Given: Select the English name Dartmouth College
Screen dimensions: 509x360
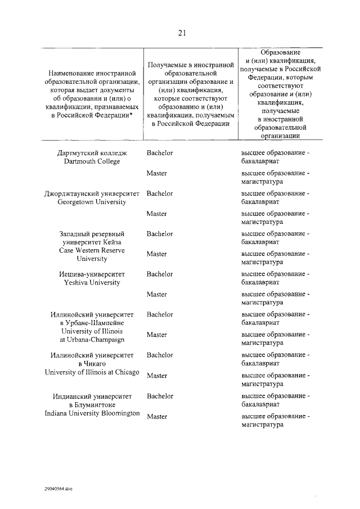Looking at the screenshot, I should tap(93, 162).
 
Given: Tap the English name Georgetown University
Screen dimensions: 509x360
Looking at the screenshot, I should tap(92, 202).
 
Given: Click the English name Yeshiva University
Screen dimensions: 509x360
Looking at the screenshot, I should tap(92, 283).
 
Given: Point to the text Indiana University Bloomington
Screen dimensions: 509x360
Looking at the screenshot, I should tap(92, 413).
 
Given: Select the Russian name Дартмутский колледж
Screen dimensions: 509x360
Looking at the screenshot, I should tap(93, 153).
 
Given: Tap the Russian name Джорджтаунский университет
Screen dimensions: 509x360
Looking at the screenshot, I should tap(92, 193).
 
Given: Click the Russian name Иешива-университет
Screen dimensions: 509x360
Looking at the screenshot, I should tap(92, 274).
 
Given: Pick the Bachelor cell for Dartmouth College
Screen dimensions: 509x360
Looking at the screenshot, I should tap(160, 153).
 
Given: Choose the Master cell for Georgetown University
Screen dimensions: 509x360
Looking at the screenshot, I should tap(157, 214).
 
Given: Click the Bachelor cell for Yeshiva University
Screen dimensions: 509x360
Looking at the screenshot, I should tap(160, 274).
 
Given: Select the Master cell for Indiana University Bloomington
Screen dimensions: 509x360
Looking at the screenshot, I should tap(157, 417).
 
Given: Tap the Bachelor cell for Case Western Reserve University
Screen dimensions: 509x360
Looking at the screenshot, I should tap(160, 233).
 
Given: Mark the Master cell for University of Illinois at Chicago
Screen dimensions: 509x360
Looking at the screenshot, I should tap(157, 376).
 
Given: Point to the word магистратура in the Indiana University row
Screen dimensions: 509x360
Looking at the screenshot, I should tap(262, 426).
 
